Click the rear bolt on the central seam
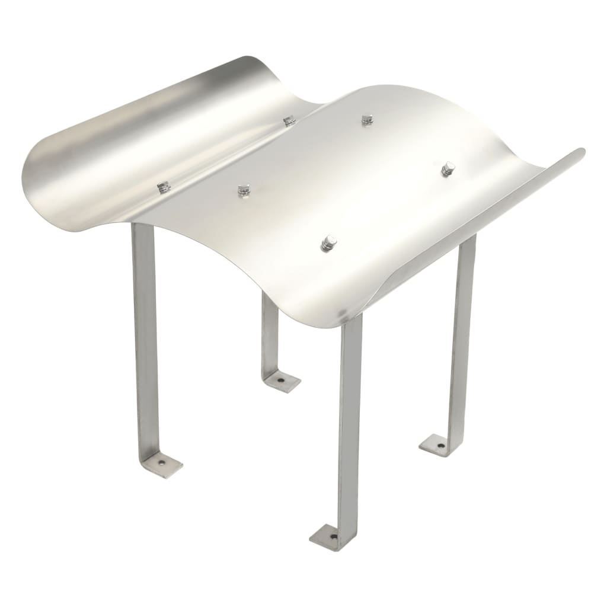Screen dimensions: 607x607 click(289, 121)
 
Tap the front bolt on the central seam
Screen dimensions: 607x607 click(163, 187)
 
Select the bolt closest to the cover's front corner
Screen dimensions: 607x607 click(328, 242)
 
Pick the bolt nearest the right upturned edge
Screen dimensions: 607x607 click(448, 169)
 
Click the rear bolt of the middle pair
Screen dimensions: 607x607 click(367, 119)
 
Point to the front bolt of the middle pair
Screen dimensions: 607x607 click(244, 190)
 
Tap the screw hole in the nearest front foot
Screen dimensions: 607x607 click(333, 537)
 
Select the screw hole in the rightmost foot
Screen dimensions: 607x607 click(440, 445)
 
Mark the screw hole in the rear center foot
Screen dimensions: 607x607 click(280, 379)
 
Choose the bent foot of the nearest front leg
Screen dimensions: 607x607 click(332, 536)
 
